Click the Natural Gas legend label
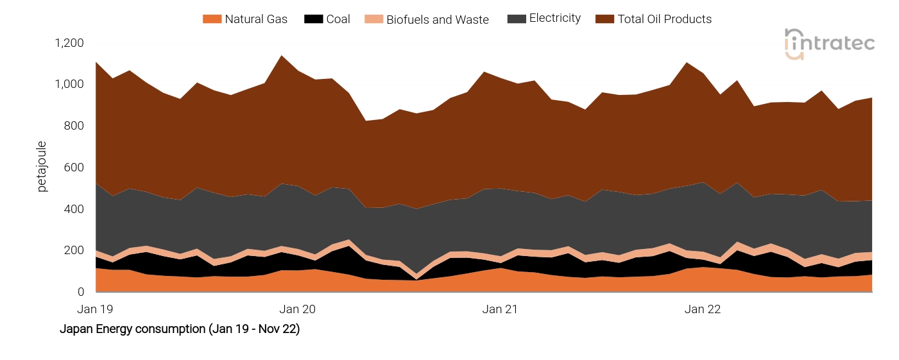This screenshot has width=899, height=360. [256, 19]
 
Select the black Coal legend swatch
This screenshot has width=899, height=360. [313, 19]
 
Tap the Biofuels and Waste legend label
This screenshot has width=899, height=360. [437, 20]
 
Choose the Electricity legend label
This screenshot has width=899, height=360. [554, 19]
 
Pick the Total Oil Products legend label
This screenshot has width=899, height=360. [664, 19]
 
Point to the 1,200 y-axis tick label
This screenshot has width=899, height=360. [69, 43]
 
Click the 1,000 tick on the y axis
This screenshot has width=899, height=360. [69, 85]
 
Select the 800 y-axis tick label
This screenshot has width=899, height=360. [74, 126]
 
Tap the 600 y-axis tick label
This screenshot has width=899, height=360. [74, 167]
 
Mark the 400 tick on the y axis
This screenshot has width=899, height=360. [74, 209]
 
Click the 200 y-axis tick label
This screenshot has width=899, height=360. [74, 250]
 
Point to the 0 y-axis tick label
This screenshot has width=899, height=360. [80, 292]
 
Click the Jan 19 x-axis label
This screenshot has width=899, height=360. [95, 309]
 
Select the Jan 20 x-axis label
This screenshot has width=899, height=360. [298, 309]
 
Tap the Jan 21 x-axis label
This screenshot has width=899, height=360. [501, 309]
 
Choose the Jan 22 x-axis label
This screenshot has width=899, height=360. [703, 309]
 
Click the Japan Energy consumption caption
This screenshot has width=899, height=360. [180, 330]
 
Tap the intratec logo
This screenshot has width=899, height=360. [829, 44]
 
